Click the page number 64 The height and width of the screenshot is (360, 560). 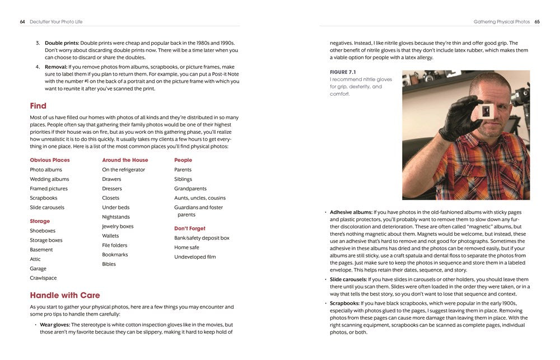[22, 22]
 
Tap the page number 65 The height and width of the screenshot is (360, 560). [536, 22]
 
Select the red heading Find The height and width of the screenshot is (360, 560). [38, 106]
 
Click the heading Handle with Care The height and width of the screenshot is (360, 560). [65, 295]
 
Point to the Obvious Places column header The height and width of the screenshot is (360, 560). [50, 160]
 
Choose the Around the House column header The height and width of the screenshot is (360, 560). [125, 160]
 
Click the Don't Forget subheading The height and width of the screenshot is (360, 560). [190, 228]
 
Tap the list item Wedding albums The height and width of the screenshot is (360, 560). [49, 179]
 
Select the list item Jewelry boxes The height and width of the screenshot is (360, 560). [118, 226]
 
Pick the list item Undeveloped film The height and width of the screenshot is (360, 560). [195, 257]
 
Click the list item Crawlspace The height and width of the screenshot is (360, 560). [43, 278]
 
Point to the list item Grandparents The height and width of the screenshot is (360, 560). [190, 189]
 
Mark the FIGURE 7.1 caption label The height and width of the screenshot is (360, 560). [343, 72]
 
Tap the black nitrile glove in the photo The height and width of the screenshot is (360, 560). [459, 118]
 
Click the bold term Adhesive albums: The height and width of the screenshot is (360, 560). [351, 212]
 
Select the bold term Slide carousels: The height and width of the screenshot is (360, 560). [348, 279]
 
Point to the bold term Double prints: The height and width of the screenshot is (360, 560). [62, 43]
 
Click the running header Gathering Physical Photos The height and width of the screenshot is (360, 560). [501, 22]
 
